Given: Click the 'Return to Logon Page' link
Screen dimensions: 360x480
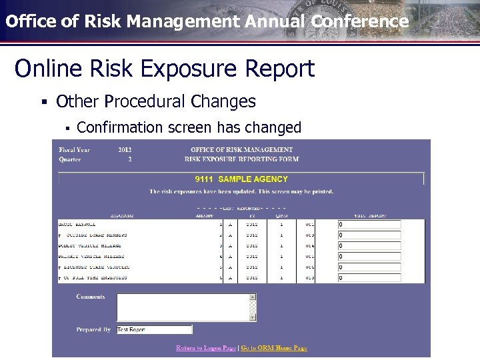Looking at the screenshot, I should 206,348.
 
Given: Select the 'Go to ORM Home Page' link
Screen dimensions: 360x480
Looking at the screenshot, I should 274,348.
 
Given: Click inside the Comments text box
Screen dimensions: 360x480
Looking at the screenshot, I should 183,307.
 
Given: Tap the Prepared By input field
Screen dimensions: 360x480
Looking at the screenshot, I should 154,329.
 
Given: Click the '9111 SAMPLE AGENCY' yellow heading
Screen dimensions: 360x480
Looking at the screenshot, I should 241,179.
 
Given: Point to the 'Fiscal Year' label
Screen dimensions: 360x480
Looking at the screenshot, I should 74,150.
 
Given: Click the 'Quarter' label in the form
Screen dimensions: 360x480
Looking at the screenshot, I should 69,159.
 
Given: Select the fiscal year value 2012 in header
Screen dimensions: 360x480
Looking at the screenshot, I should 125,150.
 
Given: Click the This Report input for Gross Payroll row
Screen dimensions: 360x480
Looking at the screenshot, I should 369,225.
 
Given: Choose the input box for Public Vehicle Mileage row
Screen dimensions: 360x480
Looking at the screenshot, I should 369,246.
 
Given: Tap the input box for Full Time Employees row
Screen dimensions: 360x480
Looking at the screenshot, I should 369,278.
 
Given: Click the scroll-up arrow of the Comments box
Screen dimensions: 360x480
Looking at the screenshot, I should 253,297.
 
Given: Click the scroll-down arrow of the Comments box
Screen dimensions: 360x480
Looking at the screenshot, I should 253,317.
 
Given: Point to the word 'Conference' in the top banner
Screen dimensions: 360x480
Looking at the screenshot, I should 359,21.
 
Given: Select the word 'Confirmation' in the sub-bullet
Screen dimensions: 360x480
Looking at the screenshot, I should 120,127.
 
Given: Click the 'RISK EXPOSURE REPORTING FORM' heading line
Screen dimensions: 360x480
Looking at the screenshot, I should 241,159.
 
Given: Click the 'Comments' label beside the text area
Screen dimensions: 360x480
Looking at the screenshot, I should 91,297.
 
